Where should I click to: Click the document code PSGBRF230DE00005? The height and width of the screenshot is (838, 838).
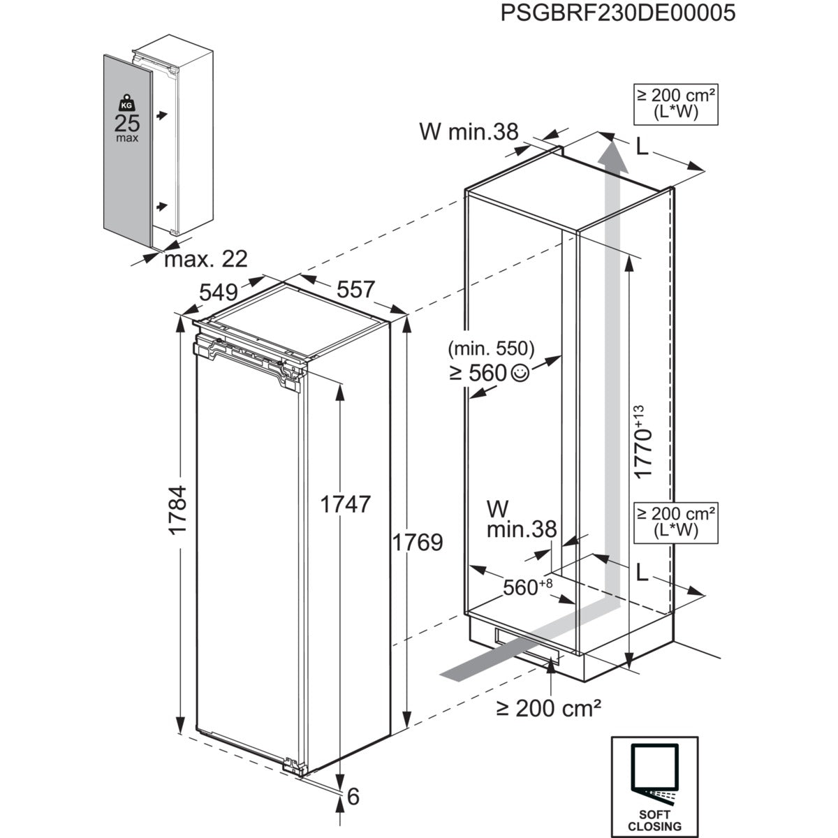point(618,13)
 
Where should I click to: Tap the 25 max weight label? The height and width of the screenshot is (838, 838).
point(127,126)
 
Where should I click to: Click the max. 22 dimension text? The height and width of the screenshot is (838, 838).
point(206,259)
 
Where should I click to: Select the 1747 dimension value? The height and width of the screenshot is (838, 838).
point(344,503)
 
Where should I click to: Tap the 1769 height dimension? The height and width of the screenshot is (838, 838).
point(418,542)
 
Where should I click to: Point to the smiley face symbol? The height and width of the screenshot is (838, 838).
point(520,374)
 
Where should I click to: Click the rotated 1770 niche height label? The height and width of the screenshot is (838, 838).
point(642,441)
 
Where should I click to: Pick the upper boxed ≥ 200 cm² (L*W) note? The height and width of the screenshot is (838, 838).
point(675,103)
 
